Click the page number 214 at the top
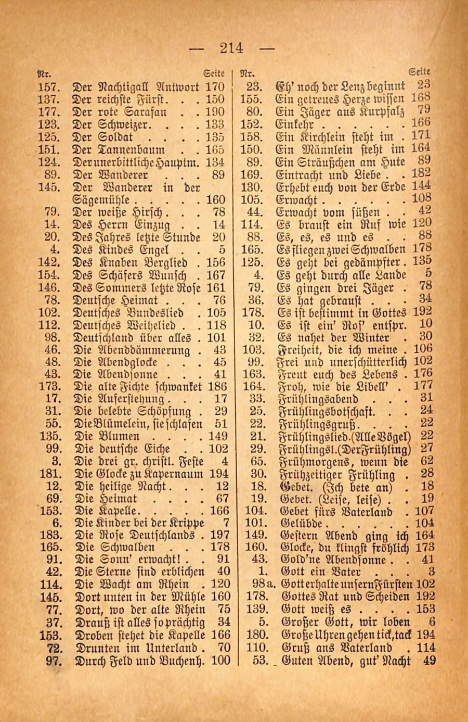click(x=231, y=48)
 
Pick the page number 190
click(x=215, y=111)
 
